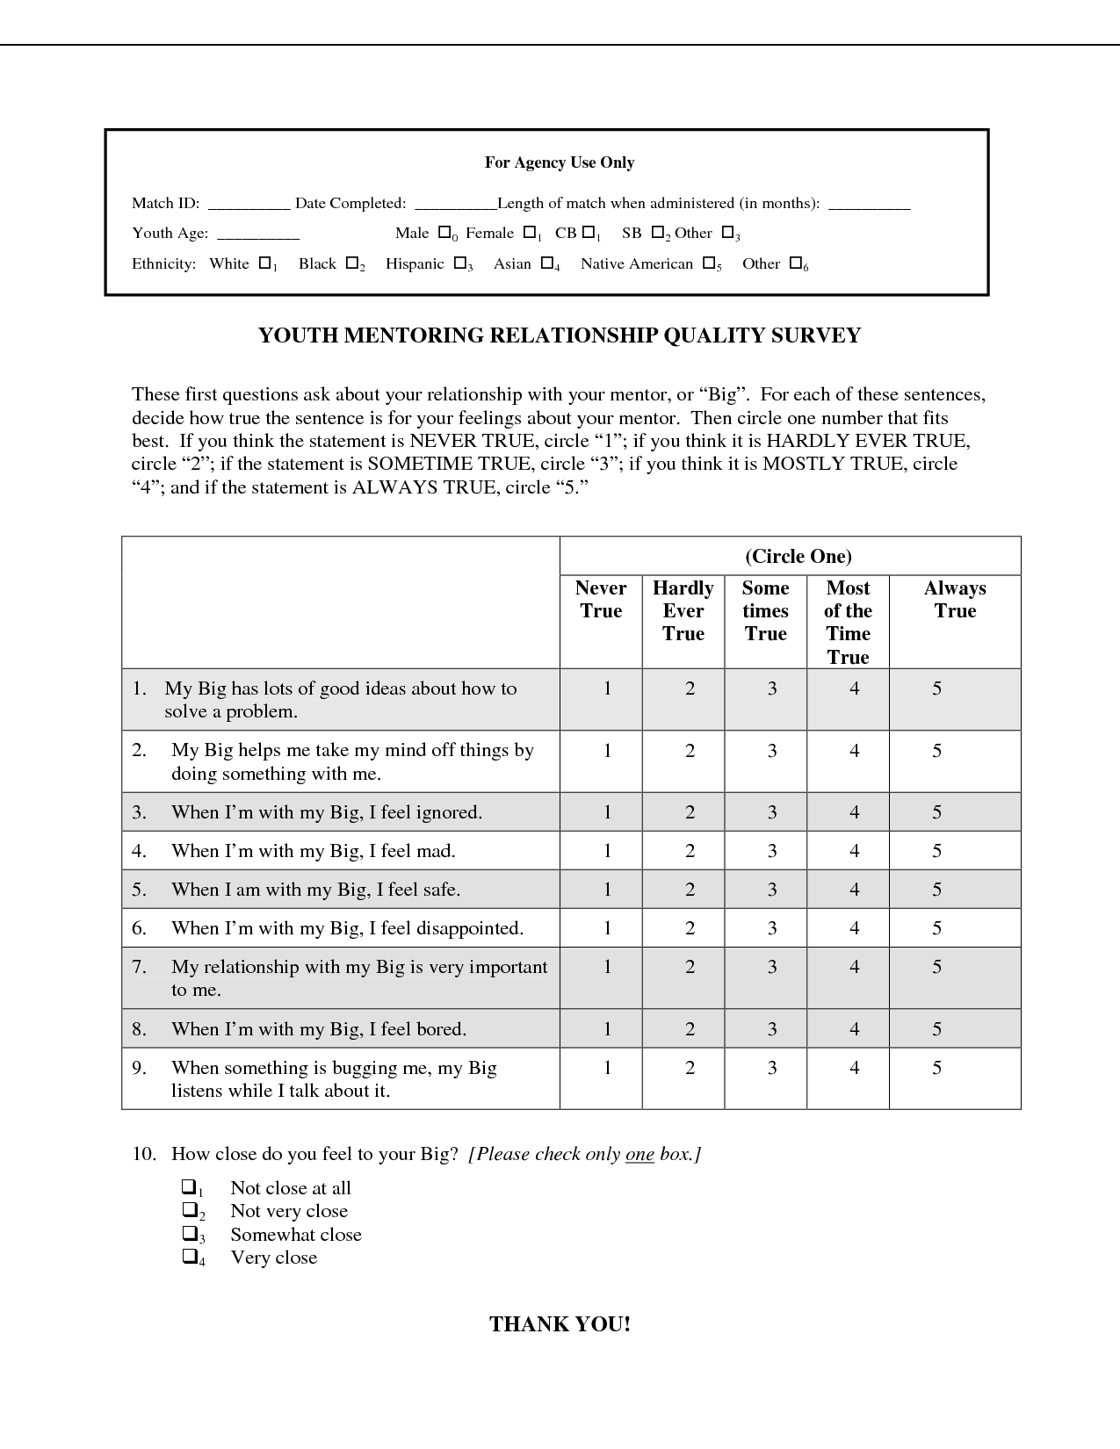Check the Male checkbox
pyautogui.click(x=444, y=233)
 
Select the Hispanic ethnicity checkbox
pyautogui.click(x=459, y=263)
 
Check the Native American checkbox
pyautogui.click(x=708, y=263)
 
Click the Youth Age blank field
pyautogui.click(x=258, y=234)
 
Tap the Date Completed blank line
pyautogui.click(x=455, y=205)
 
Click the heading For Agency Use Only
pyautogui.click(x=560, y=162)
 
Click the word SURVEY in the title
pyautogui.click(x=816, y=335)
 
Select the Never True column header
pyautogui.click(x=601, y=600)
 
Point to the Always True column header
pyautogui.click(x=955, y=600)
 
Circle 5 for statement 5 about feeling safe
pyautogui.click(x=937, y=890)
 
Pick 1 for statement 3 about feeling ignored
pyautogui.click(x=607, y=812)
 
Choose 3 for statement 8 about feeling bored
pyautogui.click(x=772, y=1029)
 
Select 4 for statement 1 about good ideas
pyautogui.click(x=854, y=689)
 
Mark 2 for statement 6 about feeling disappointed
pyautogui.click(x=690, y=928)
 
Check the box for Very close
pyautogui.click(x=189, y=1257)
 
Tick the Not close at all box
pyautogui.click(x=189, y=1187)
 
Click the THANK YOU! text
pyautogui.click(x=560, y=1324)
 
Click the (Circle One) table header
pyautogui.click(x=798, y=556)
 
